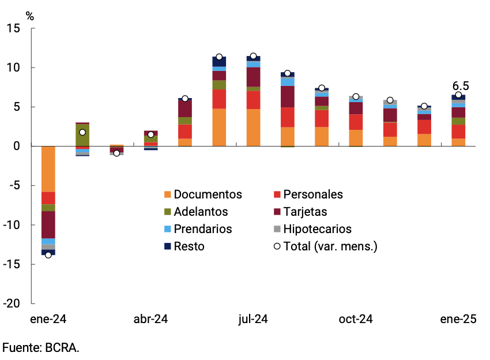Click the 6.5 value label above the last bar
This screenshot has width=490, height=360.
pos(461,86)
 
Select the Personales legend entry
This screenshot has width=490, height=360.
pos(314,194)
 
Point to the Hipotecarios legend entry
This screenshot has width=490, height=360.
pos(318,229)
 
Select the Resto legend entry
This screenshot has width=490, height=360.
pos(189,246)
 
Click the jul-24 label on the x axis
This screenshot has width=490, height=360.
pos(253,319)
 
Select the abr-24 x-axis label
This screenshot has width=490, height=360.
pos(150,319)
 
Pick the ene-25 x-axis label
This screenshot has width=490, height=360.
pos(458,319)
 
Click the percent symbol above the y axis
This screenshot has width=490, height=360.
pos(29,16)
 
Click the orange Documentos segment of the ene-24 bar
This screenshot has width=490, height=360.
pos(48,168)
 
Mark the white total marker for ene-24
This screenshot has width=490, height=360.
pos(48,254)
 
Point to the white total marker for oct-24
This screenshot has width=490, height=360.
pos(356,97)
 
